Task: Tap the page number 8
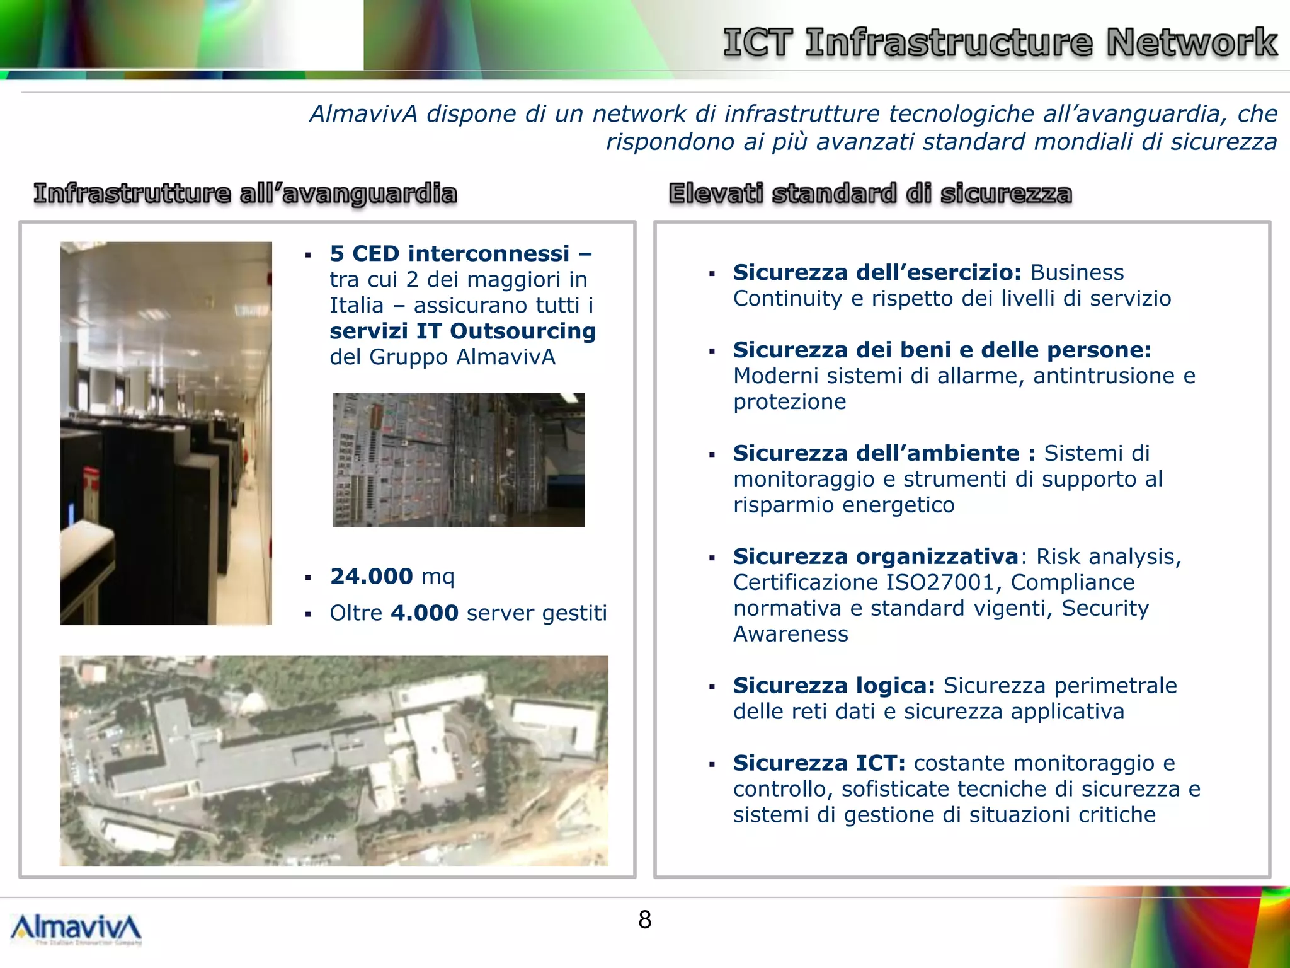coord(644,920)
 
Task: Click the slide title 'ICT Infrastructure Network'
coord(1000,43)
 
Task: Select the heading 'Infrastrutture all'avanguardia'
coord(246,193)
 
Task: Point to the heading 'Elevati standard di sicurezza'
coord(870,193)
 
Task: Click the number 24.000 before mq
coord(371,576)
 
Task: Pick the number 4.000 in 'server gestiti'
coord(424,613)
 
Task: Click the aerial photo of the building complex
coord(334,760)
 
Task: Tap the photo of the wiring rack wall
coord(458,459)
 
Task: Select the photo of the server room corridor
coord(166,433)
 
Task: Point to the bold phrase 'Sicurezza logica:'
coord(834,685)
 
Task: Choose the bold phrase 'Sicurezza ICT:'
coord(819,763)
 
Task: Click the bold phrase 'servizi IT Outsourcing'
coord(462,331)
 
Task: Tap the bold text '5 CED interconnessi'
coord(450,253)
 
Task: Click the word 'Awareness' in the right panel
coord(791,634)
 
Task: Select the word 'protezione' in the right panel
coord(789,401)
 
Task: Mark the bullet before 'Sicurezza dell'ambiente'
coord(712,454)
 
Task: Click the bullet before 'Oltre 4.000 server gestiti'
coord(308,614)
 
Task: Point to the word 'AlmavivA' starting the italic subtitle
coord(363,114)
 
